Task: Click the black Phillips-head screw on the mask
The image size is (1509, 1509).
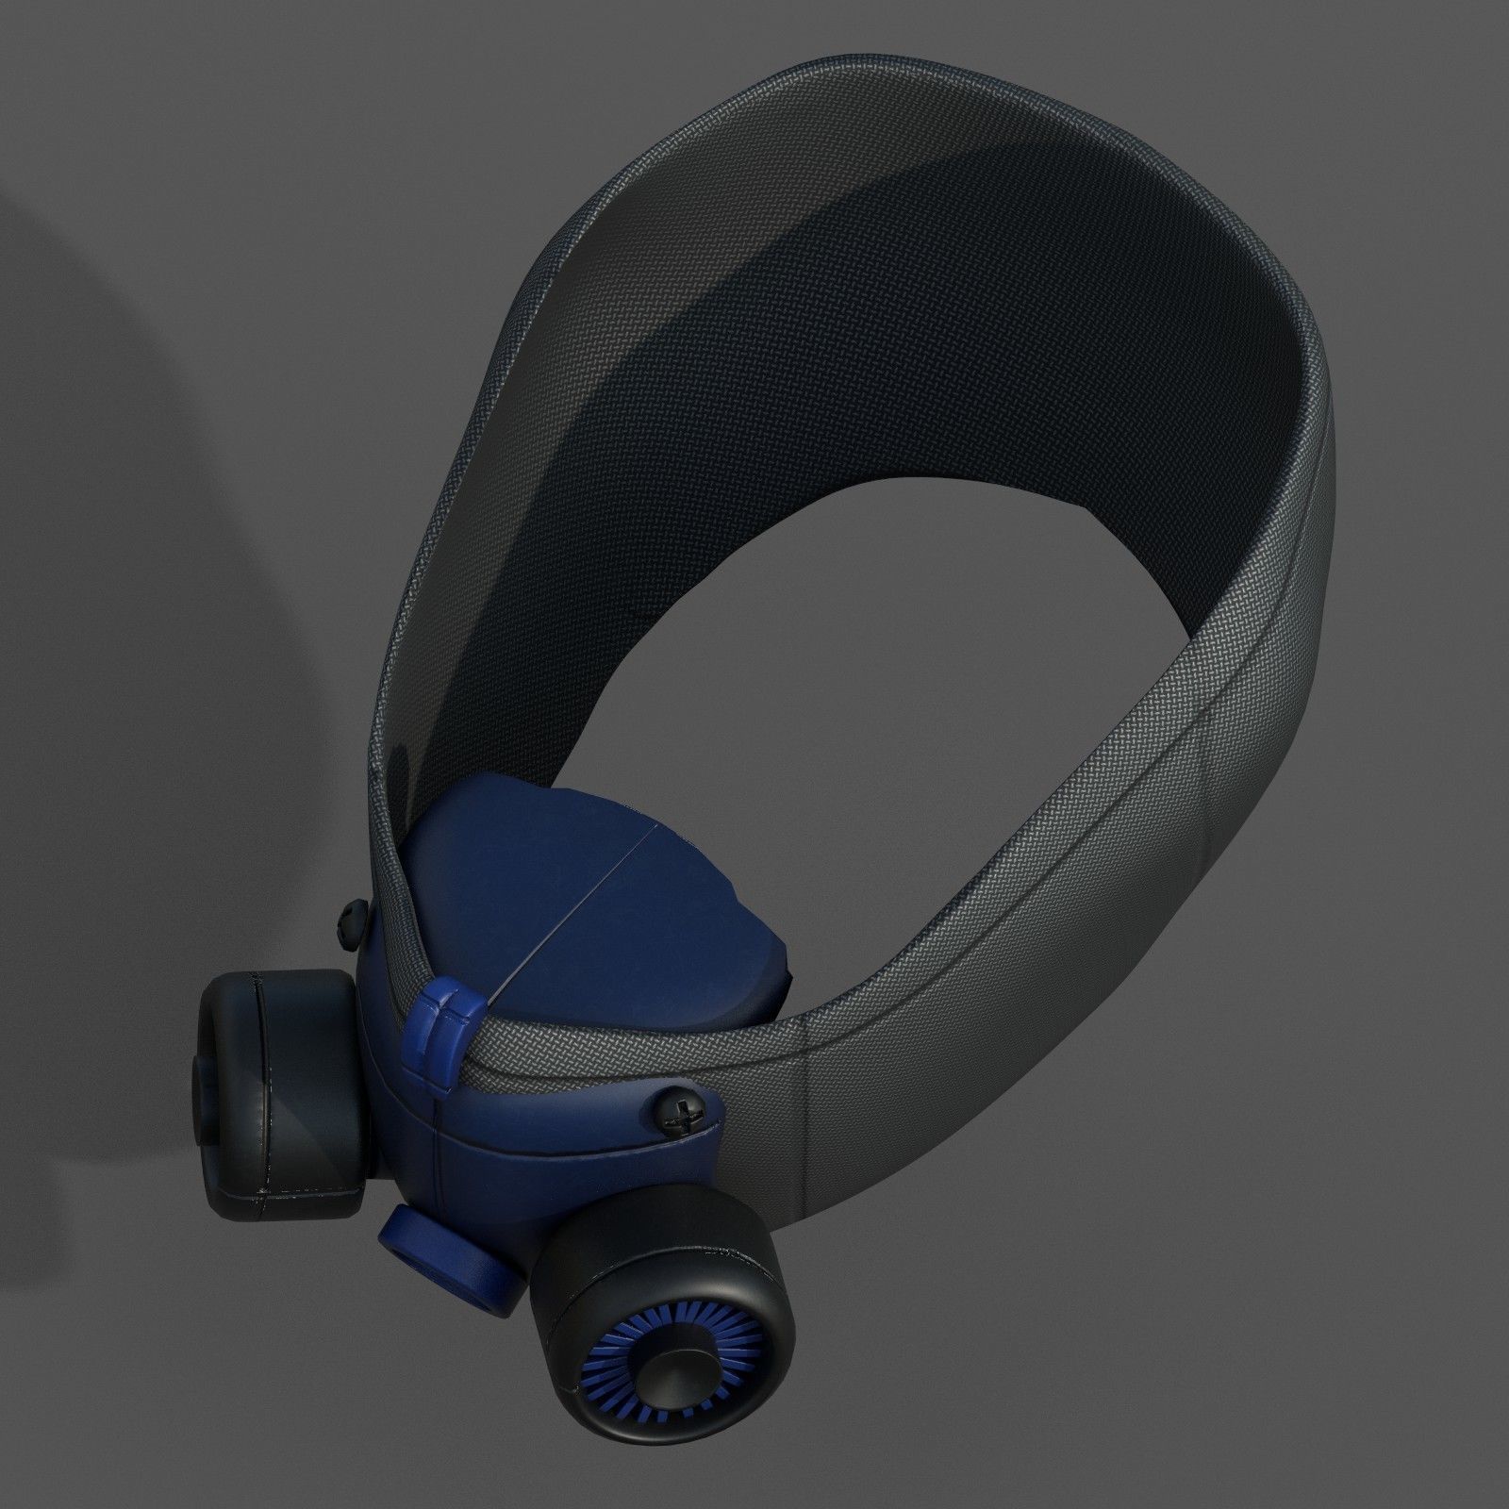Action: [686, 1117]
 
